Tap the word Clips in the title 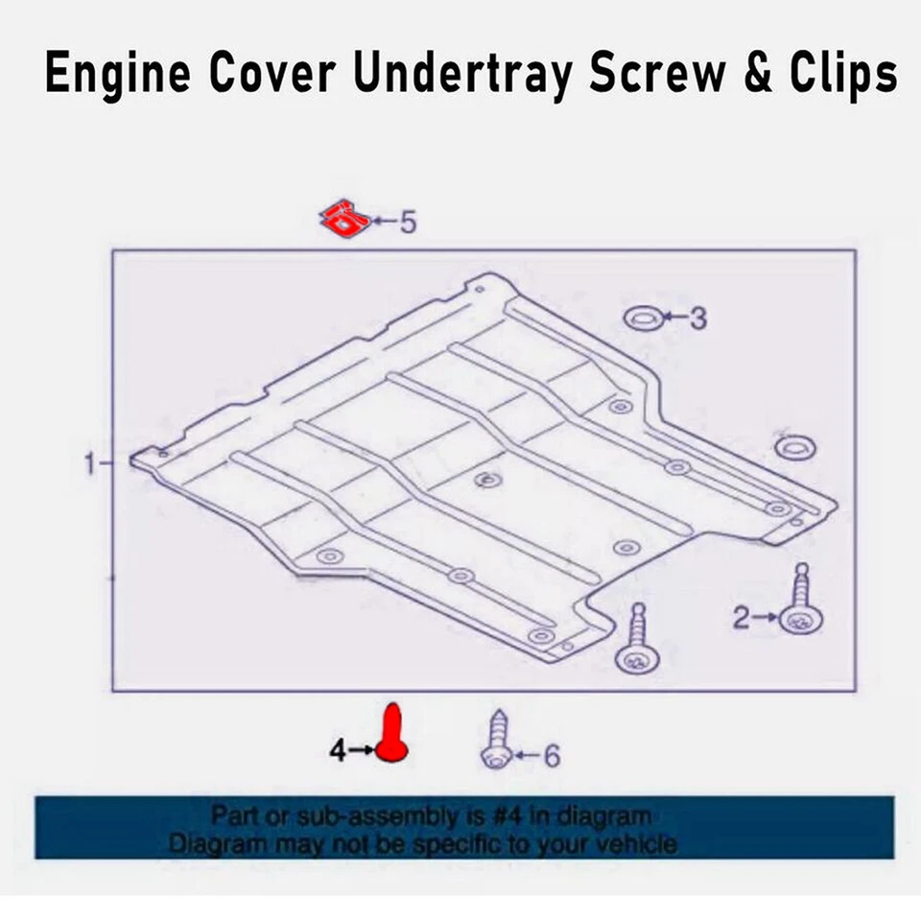841,75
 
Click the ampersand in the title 757,75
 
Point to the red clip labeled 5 345,220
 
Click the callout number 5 408,223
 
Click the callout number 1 91,463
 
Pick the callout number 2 741,618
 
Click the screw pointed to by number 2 799,604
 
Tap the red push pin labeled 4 391,734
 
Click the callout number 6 551,757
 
